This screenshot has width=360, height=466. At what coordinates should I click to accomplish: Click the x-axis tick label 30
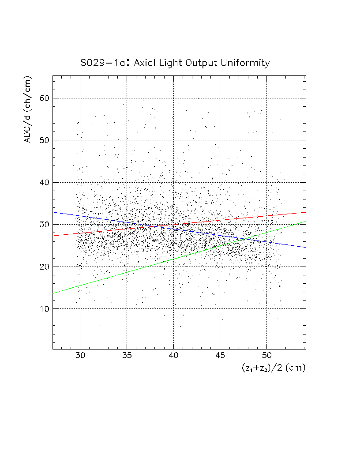pos(80,356)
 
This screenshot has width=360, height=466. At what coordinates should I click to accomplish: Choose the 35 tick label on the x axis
pos(127,356)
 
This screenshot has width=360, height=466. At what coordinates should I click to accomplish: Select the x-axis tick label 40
pos(173,356)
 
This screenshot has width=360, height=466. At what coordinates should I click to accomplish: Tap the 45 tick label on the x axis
pos(220,356)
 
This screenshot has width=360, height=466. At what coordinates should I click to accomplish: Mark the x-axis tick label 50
pos(267,356)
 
